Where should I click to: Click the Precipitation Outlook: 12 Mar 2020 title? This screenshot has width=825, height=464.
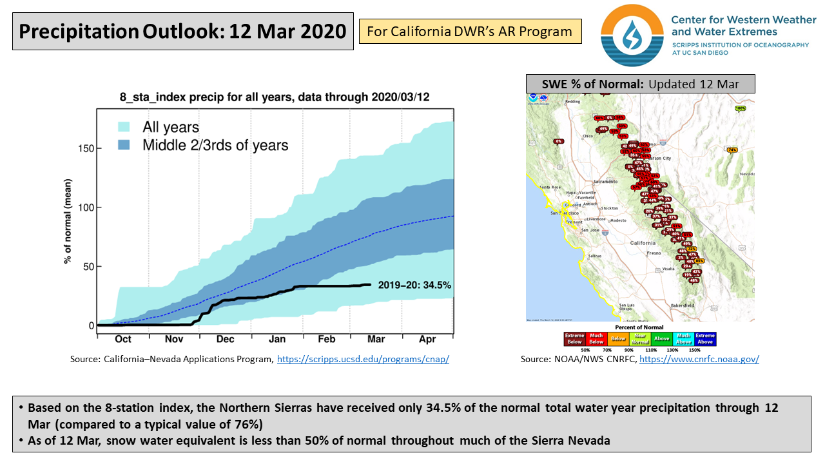[x=183, y=31]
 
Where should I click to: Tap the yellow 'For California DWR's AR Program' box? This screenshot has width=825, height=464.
[x=470, y=31]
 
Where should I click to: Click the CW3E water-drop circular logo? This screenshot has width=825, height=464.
[x=632, y=35]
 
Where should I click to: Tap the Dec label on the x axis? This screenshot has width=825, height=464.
[x=225, y=339]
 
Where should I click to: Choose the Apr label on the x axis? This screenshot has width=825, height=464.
[x=428, y=339]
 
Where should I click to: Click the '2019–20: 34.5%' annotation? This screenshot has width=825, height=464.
[x=414, y=285]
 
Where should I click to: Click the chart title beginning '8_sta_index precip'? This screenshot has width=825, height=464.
[x=275, y=97]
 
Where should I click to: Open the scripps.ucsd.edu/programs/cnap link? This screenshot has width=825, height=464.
[x=363, y=360]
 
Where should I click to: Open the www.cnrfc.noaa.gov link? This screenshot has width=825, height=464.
[x=699, y=360]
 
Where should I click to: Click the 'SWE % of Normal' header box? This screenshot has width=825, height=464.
[x=640, y=84]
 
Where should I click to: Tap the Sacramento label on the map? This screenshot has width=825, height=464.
[x=605, y=182]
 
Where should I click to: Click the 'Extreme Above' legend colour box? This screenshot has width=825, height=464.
[x=705, y=339]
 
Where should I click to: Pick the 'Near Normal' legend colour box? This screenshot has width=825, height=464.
[x=640, y=339]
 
